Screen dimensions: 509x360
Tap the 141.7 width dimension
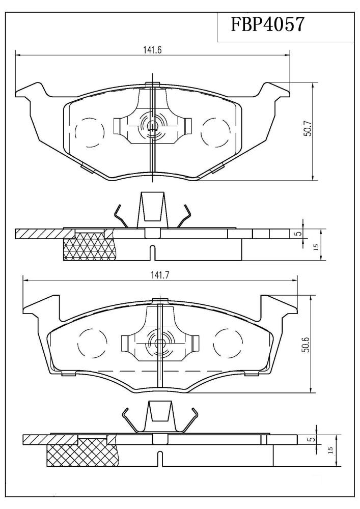[x=159, y=275]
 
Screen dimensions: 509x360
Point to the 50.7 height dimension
[x=308, y=131]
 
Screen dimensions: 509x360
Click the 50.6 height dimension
[x=304, y=345]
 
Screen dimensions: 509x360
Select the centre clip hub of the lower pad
[x=160, y=342]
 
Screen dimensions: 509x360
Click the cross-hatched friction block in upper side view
[x=90, y=248]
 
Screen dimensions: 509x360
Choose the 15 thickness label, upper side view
[x=315, y=247]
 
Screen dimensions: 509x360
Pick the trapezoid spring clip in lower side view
[x=159, y=413]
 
